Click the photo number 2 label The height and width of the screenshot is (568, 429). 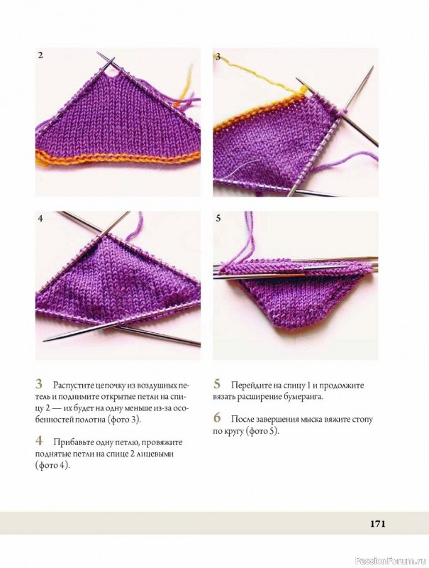(x=40, y=55)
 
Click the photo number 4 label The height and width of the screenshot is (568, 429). (x=40, y=219)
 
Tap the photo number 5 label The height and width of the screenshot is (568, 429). (x=218, y=219)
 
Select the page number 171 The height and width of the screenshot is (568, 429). (x=378, y=523)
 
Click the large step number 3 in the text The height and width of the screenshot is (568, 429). (x=39, y=384)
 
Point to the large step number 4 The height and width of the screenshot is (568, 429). (x=39, y=441)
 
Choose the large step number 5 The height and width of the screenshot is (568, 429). (x=217, y=384)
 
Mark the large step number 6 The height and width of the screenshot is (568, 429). (x=217, y=418)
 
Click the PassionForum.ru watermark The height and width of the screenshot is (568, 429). (x=391, y=561)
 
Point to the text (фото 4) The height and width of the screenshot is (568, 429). (x=52, y=466)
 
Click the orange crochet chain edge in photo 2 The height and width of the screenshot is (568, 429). (x=118, y=158)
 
